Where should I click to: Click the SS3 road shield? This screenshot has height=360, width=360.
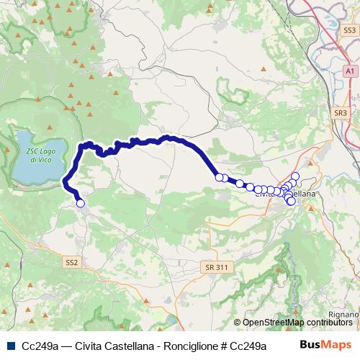(x=349, y=30)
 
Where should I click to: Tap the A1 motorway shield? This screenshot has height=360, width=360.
(x=349, y=73)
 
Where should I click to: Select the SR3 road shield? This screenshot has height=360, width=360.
(x=341, y=113)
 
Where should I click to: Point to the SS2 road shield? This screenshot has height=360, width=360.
(x=71, y=262)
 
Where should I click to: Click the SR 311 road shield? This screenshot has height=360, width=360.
(x=216, y=267)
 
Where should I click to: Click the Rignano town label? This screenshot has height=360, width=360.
(x=343, y=314)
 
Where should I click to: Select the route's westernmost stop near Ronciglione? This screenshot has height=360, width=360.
(x=81, y=204)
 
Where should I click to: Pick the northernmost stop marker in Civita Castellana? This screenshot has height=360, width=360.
(x=295, y=176)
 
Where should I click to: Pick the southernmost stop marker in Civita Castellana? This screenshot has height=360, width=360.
(x=291, y=202)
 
